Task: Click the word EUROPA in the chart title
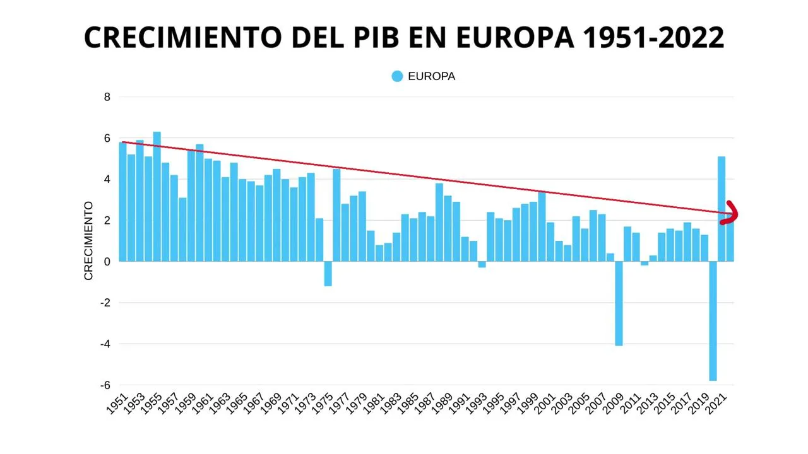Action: [x=514, y=37]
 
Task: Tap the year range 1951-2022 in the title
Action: [x=653, y=37]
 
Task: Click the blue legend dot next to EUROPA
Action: [x=397, y=76]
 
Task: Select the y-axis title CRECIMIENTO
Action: [x=88, y=241]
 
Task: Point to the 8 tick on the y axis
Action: [x=107, y=97]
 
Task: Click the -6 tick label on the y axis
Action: [x=105, y=385]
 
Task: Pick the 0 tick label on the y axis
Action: [x=107, y=262]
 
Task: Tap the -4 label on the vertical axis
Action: [x=105, y=344]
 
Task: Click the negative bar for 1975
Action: [x=328, y=274]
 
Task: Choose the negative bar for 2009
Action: [x=619, y=303]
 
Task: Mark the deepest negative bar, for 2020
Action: [x=713, y=321]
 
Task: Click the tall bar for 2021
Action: [x=722, y=209]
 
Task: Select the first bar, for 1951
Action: [x=122, y=202]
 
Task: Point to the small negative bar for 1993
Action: [x=482, y=265]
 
